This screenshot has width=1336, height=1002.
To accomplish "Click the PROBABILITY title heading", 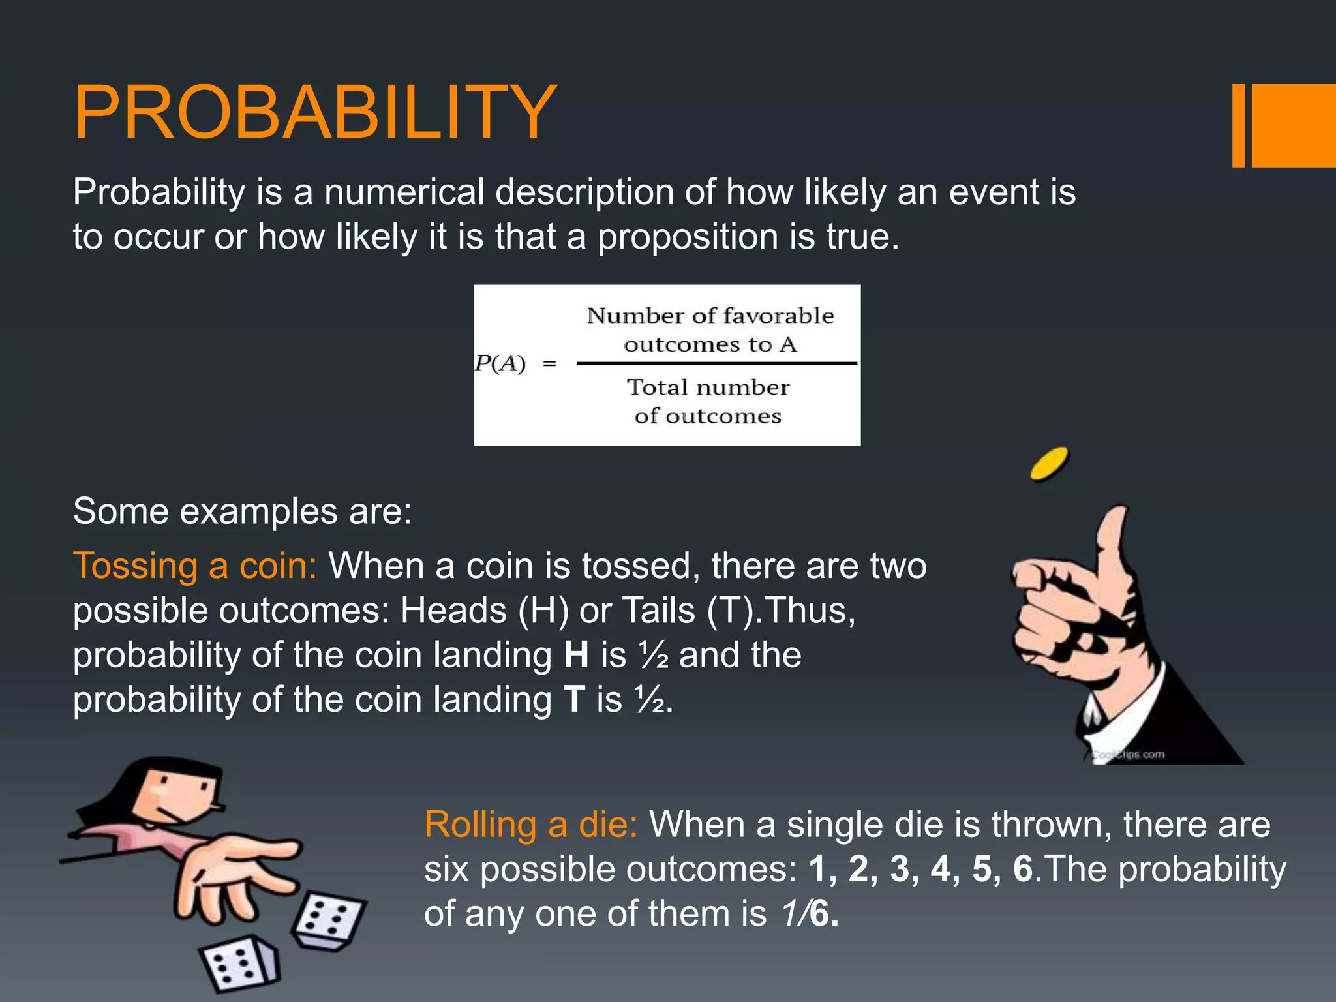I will point(315,112).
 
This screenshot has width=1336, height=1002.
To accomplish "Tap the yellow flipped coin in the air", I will point(1049,463).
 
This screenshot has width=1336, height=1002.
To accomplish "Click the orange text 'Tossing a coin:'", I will point(194,565).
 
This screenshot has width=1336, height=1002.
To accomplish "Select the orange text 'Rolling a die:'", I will point(530,825).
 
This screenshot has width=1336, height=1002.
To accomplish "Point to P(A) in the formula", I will point(500,363).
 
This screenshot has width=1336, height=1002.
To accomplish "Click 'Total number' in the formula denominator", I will point(708,387).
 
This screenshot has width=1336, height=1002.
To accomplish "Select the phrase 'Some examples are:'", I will point(243,511).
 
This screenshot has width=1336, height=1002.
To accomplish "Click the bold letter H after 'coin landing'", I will point(576,655).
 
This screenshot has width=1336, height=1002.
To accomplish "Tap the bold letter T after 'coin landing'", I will point(574,699).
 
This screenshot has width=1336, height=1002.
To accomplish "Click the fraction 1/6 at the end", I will point(808,913).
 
